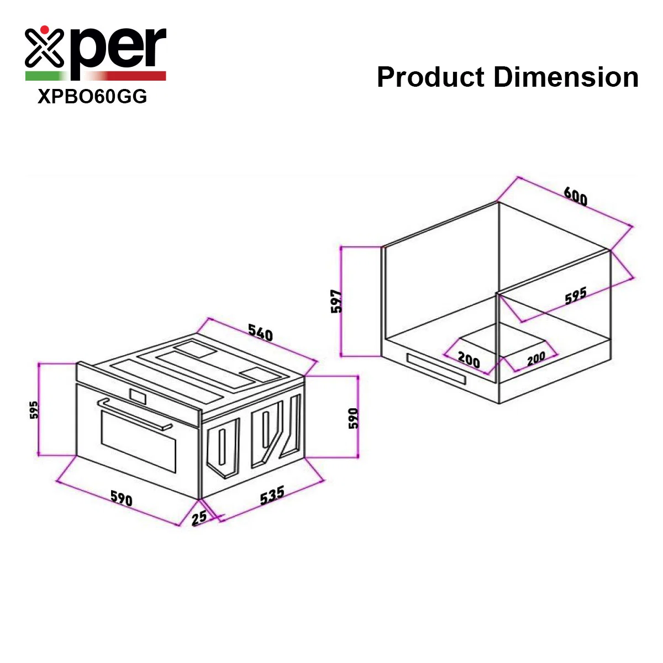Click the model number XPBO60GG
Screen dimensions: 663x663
[92, 96]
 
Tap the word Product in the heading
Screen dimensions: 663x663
[430, 77]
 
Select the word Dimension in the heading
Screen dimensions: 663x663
[566, 77]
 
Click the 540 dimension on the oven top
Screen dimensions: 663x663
[260, 333]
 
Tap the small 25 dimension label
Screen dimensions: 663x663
[199, 518]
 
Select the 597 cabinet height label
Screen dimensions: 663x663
[336, 302]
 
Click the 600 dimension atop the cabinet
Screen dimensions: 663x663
[576, 197]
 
